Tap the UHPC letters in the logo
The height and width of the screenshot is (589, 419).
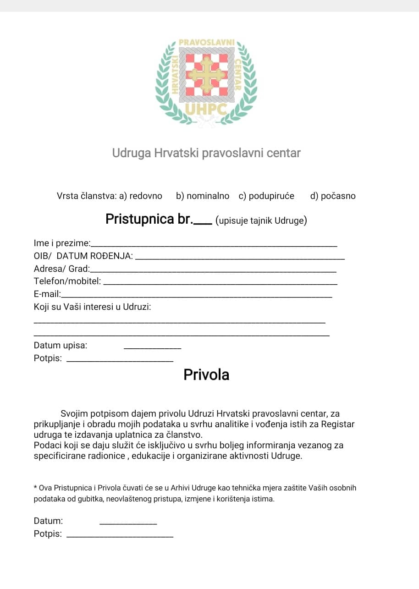coord(206,109)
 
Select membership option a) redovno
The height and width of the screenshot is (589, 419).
coord(141,196)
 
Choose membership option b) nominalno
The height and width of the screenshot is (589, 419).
coord(202,196)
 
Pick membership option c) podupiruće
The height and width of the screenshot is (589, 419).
coord(266,196)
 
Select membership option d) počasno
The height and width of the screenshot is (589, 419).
coord(333,196)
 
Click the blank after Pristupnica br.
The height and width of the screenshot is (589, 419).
coord(203,223)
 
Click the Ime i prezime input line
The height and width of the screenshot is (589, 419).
coord(214,246)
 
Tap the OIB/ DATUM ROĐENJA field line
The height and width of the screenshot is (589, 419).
coord(241,259)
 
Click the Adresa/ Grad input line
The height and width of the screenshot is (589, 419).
coord(213,271)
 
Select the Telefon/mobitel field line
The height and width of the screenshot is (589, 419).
coord(221,284)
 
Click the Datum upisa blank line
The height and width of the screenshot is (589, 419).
coord(153,349)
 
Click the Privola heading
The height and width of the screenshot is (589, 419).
coord(206,374)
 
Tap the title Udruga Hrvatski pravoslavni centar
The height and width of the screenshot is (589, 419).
coord(206,153)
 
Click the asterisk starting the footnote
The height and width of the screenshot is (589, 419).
coord(36,488)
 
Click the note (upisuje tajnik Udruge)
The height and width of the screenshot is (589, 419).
coord(261,220)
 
